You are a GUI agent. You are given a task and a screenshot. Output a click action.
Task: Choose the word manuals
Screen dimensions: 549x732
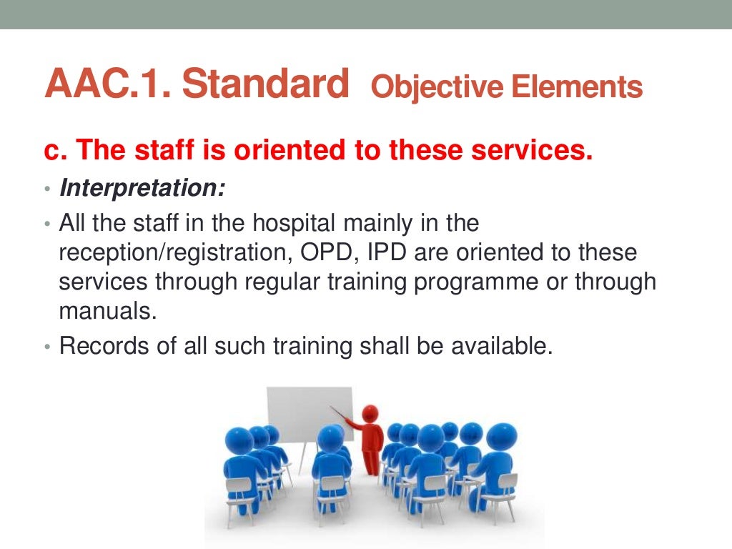(105, 310)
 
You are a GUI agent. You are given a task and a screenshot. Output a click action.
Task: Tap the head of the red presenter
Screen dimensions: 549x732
(370, 413)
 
